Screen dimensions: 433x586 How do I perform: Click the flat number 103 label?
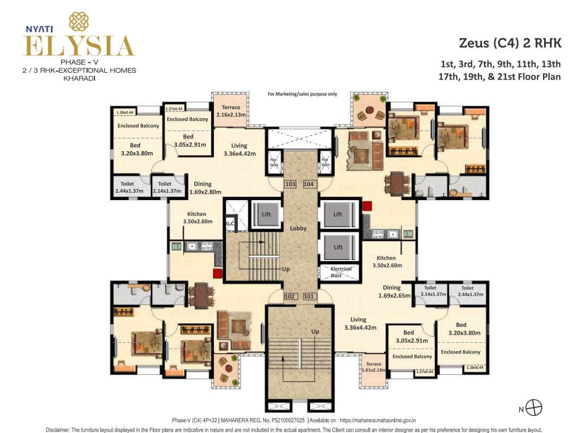point(290,184)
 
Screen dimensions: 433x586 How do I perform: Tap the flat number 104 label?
point(309,184)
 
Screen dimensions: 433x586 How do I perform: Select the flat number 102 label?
point(290,296)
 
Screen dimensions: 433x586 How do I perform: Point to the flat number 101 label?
point(309,296)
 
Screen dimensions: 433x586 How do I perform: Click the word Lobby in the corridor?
point(298,228)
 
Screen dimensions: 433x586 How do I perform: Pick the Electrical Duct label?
point(341,272)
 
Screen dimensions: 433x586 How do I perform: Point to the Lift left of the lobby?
point(265,214)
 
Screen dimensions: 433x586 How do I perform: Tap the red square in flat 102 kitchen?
point(216,273)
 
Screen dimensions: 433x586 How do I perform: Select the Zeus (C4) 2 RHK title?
point(510,43)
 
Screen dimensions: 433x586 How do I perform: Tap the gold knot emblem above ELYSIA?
point(79,21)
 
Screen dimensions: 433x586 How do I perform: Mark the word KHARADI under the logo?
point(79,77)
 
